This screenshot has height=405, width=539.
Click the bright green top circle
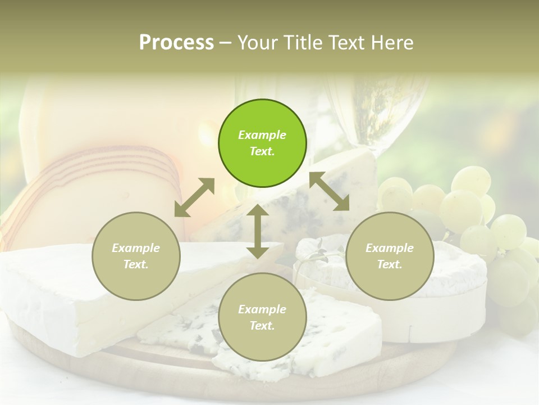click(x=262, y=143)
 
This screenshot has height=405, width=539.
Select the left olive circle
click(x=136, y=256)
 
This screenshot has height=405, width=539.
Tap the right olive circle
click(x=390, y=256)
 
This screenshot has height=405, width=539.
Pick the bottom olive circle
click(x=262, y=317)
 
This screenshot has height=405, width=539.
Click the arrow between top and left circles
click(x=194, y=197)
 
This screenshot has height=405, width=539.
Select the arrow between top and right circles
click(x=329, y=192)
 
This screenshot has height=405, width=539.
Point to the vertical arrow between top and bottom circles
click(x=258, y=231)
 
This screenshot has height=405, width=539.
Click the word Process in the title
click(x=176, y=42)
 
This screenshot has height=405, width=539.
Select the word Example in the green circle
click(x=262, y=135)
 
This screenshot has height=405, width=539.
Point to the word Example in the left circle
click(x=136, y=248)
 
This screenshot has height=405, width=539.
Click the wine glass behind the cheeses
click(x=365, y=112)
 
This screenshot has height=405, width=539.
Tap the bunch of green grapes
click(x=477, y=219)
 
